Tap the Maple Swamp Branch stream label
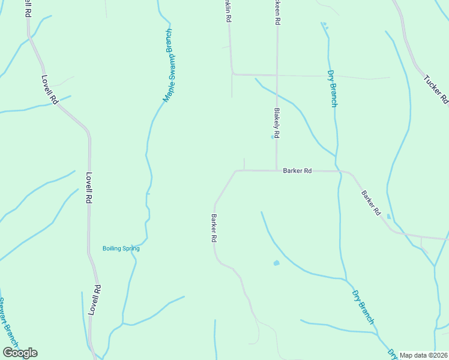[x=169, y=65]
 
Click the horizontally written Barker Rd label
[x=297, y=171]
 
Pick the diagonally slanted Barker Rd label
[x=371, y=203]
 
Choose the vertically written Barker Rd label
[x=213, y=228]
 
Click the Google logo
[x=20, y=353]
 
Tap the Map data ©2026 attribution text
[x=424, y=355]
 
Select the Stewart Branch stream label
[x=8, y=324]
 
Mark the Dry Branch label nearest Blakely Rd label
[x=332, y=89]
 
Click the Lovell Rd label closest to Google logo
[x=94, y=300]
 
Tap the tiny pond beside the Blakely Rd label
[x=272, y=136]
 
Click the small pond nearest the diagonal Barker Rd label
[x=389, y=216]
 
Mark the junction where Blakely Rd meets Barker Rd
[x=276, y=170]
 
